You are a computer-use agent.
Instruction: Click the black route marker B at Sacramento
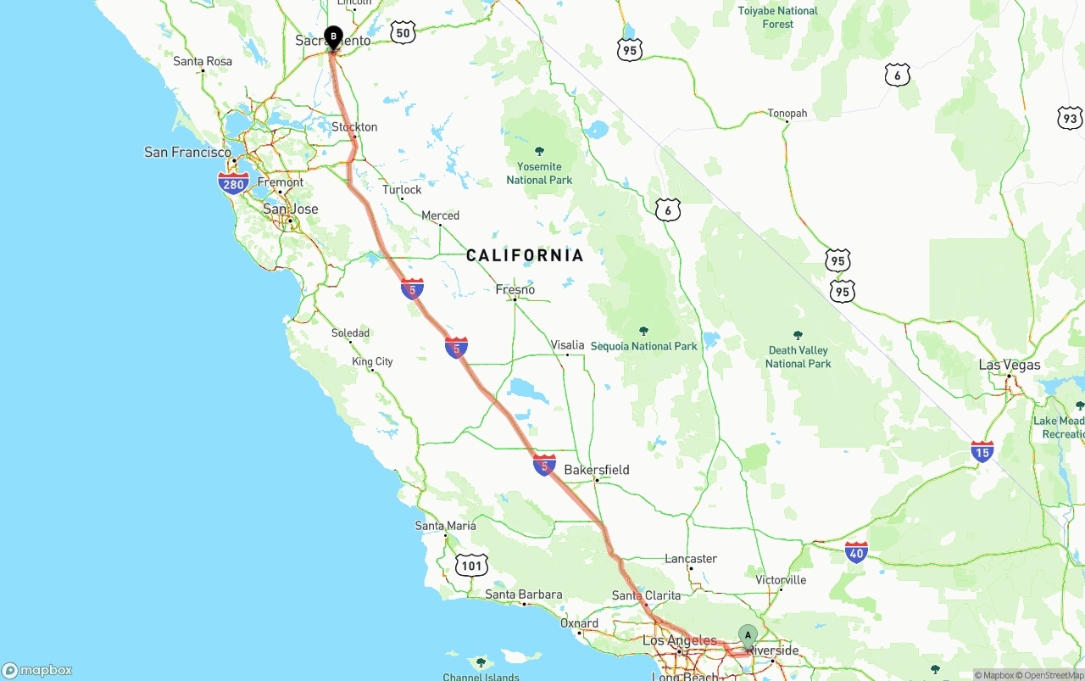coord(333,36)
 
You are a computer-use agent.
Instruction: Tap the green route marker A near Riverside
coord(747,635)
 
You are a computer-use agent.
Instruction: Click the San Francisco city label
coord(187,153)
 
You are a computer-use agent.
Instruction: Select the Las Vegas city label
coord(1009,365)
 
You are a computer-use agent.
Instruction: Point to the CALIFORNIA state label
coord(525,255)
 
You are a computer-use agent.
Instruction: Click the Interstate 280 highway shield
coord(233,183)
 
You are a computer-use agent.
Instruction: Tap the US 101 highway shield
coord(471,566)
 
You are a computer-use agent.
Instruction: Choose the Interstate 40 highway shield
coord(856,553)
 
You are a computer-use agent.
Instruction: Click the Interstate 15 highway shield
coord(982,452)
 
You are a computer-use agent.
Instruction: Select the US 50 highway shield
coord(403,33)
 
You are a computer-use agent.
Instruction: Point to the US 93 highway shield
coord(1070,118)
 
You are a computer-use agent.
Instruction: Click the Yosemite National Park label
coord(539,173)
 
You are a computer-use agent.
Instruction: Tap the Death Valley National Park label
coord(798,356)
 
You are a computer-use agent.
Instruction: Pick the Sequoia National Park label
coord(643,346)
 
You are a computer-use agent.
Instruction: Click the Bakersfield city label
coord(597,470)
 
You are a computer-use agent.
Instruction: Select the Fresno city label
coord(515,290)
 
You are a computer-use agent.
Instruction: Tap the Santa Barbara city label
coord(524,594)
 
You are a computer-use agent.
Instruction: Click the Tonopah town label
coord(787,114)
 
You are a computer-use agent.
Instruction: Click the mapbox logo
coord(37,670)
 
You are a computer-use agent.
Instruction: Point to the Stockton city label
coord(354,127)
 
